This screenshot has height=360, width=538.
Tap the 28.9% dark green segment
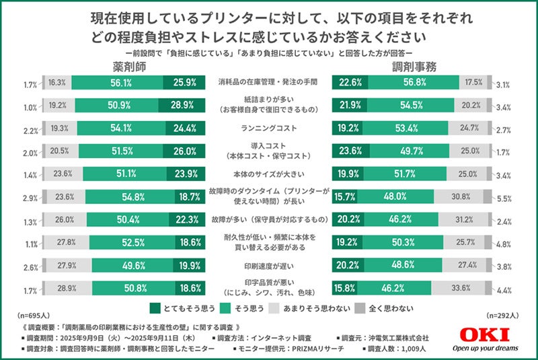pyautogui.click(x=183, y=106)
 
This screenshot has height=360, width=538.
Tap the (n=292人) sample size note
pyautogui.click(x=506, y=315)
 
